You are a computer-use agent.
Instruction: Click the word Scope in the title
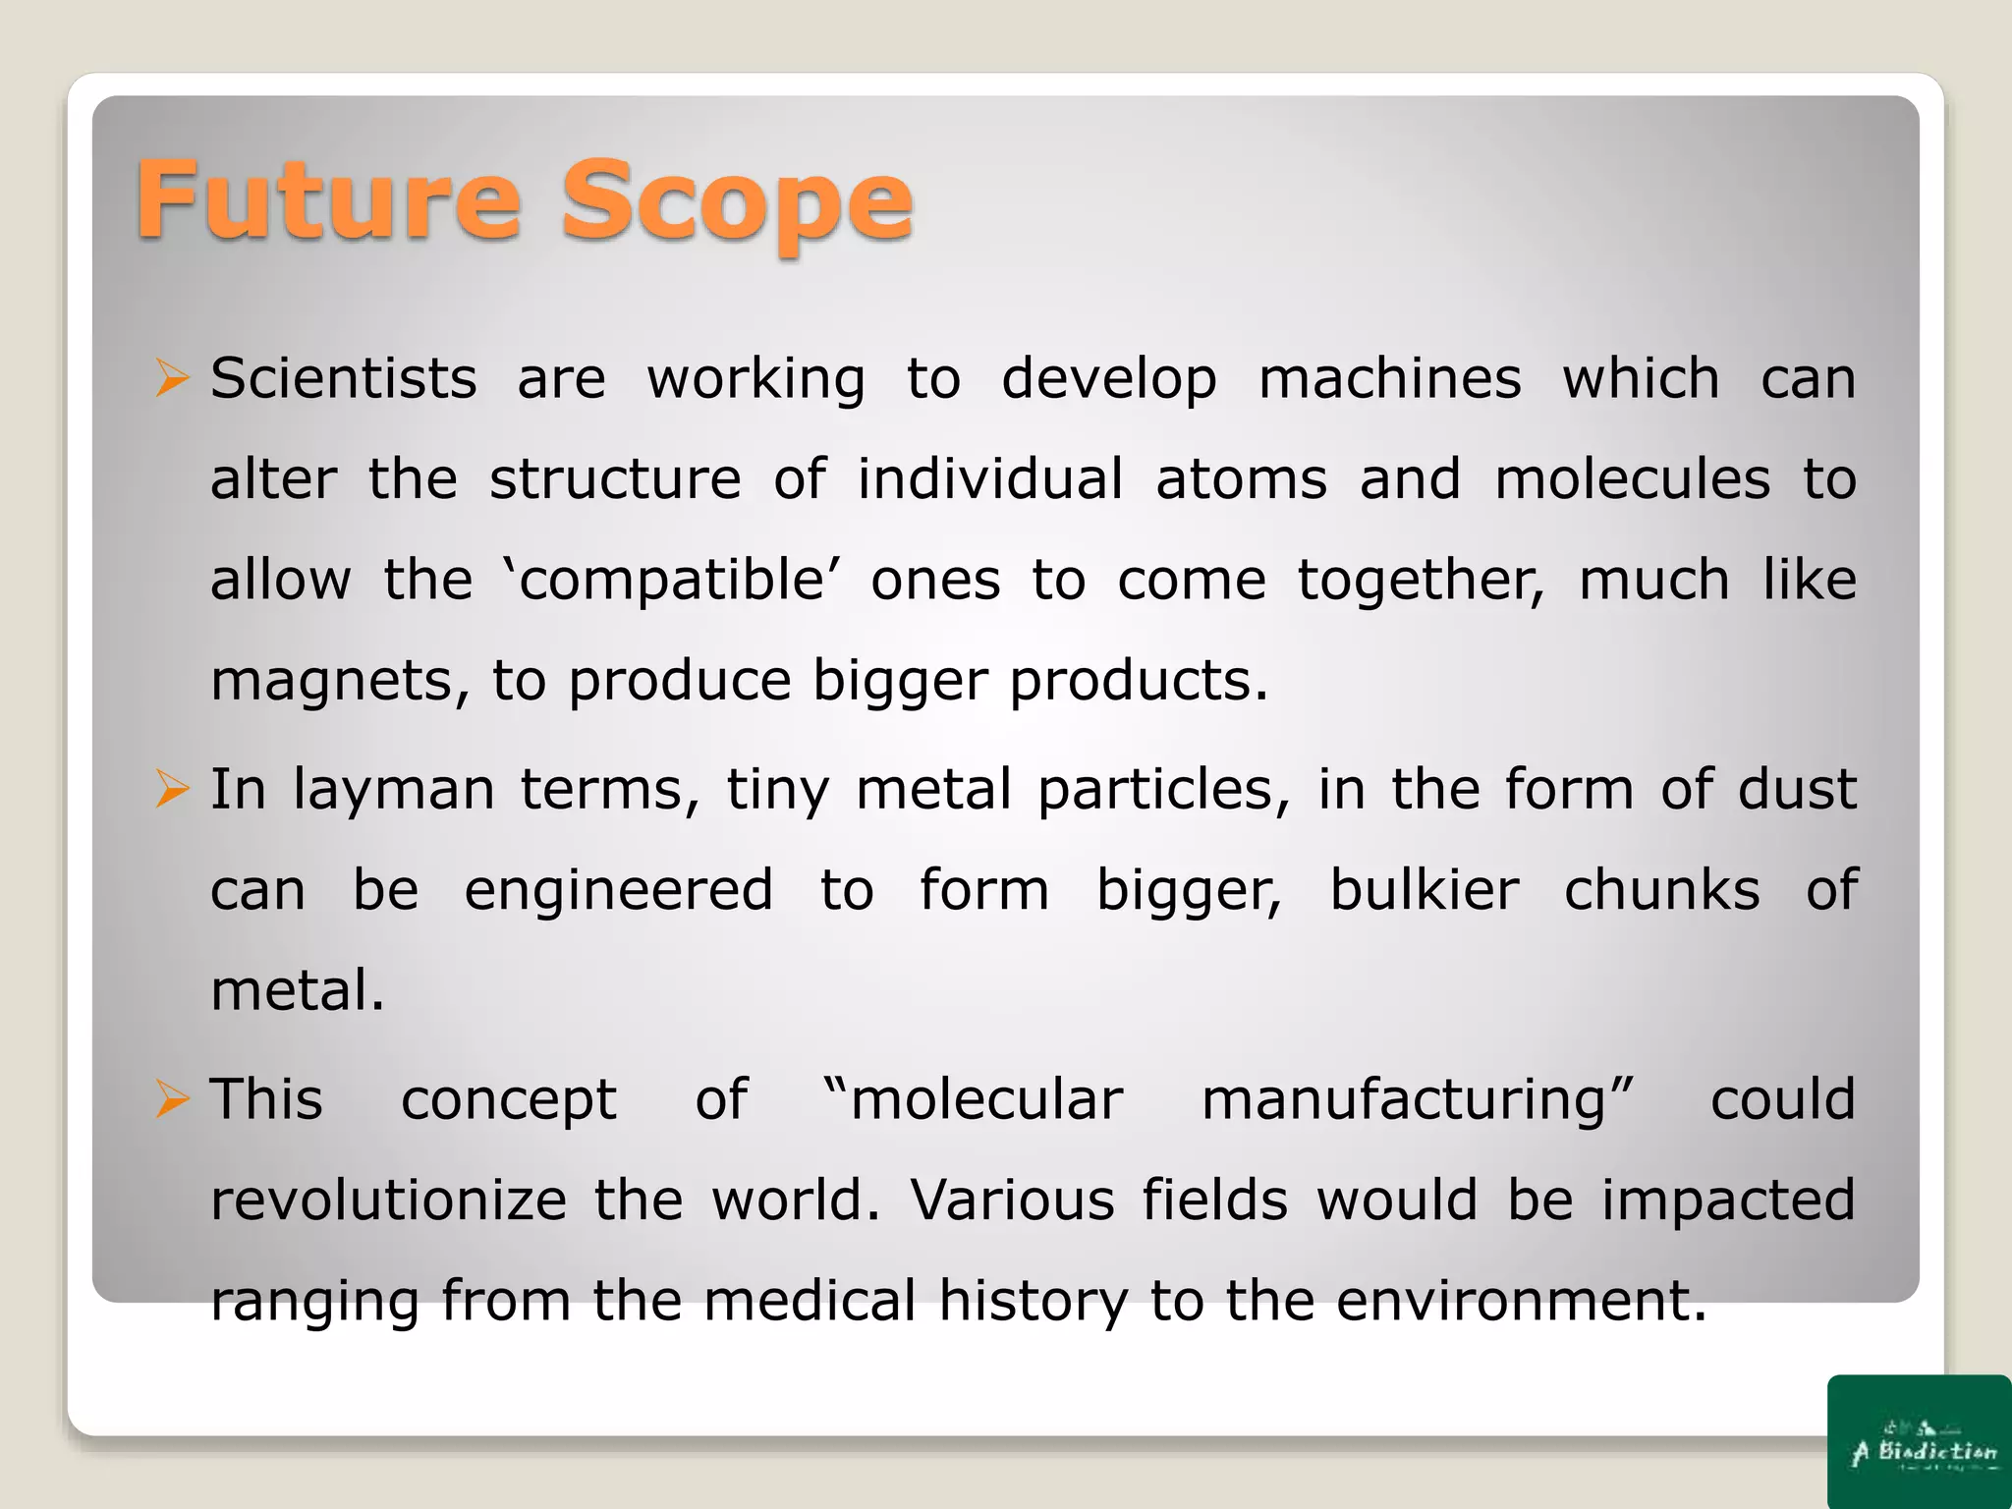click(737, 203)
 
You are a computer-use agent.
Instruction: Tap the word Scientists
click(344, 379)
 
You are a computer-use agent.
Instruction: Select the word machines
click(1390, 379)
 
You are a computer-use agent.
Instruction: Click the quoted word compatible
click(671, 581)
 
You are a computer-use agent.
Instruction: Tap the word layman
click(394, 790)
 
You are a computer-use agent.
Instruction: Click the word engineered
click(619, 890)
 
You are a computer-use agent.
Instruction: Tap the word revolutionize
click(389, 1201)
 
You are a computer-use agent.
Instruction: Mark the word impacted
click(1728, 1201)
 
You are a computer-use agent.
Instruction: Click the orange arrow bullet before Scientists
click(172, 379)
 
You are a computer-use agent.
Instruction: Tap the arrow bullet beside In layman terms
click(172, 790)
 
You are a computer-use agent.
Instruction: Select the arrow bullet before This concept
click(172, 1100)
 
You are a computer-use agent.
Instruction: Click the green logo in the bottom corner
click(1920, 1441)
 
